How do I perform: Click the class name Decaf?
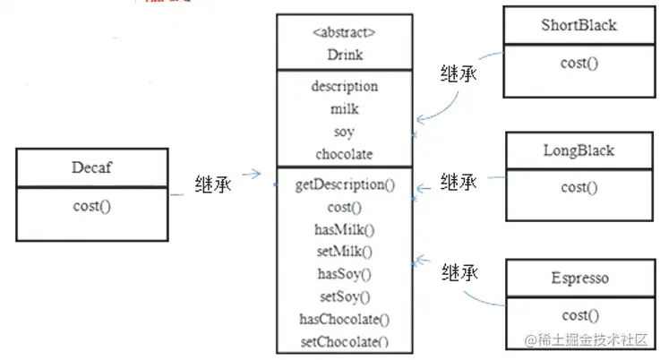(91, 167)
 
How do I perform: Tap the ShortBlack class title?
(579, 25)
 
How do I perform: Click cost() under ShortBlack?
(579, 63)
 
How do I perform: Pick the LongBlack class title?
(579, 150)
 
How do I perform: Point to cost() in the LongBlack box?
(579, 187)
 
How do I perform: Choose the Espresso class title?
(579, 278)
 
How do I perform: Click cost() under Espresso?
(579, 315)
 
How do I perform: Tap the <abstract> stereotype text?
(344, 32)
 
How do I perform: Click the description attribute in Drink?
(344, 86)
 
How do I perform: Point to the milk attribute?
(344, 108)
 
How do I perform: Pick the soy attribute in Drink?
(344, 131)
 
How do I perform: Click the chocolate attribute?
(344, 153)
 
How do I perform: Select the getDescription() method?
(345, 185)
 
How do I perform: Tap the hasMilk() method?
(345, 229)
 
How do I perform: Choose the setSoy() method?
(345, 296)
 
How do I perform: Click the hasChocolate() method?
(345, 318)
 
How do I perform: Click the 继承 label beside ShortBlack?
(459, 73)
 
